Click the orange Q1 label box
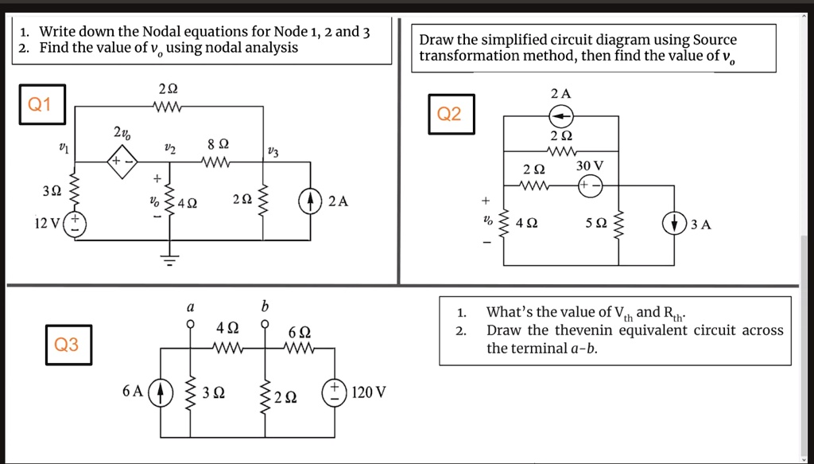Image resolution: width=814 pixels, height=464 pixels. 39,105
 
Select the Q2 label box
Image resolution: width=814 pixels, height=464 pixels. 449,114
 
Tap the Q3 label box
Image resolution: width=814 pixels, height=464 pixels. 67,345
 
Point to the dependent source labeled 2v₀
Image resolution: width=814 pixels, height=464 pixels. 123,162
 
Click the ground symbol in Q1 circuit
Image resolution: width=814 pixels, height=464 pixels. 168,257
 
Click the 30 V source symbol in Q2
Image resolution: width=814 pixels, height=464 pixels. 590,186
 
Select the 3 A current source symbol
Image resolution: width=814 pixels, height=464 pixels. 676,224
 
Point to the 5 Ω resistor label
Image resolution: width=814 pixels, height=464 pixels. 595,224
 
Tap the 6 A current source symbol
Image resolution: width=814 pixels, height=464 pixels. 161,392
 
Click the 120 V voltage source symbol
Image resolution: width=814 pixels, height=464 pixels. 334,392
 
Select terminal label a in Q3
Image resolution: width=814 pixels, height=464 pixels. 190,306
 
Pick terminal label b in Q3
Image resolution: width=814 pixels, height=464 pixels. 266,306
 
